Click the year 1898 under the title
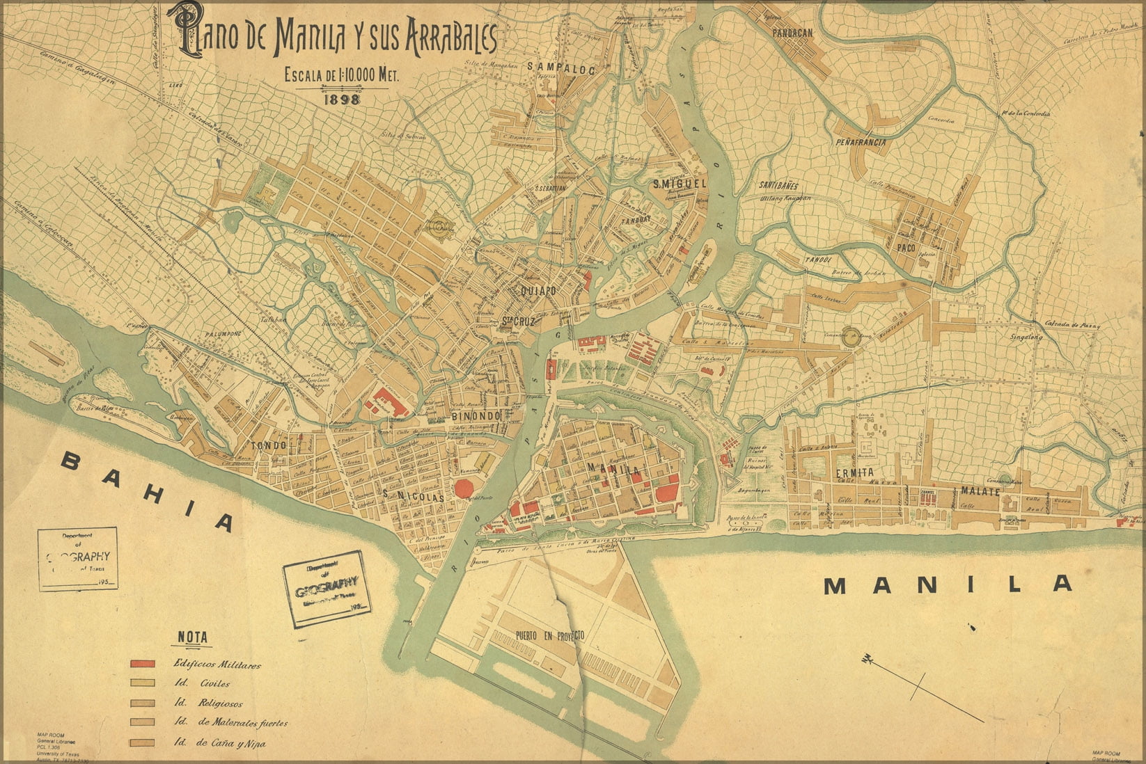(x=341, y=99)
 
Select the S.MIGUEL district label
(x=680, y=184)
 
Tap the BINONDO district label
(x=476, y=416)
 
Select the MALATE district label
(x=980, y=491)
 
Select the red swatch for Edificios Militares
(x=142, y=664)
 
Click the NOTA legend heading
(x=192, y=637)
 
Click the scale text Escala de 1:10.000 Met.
(x=341, y=76)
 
